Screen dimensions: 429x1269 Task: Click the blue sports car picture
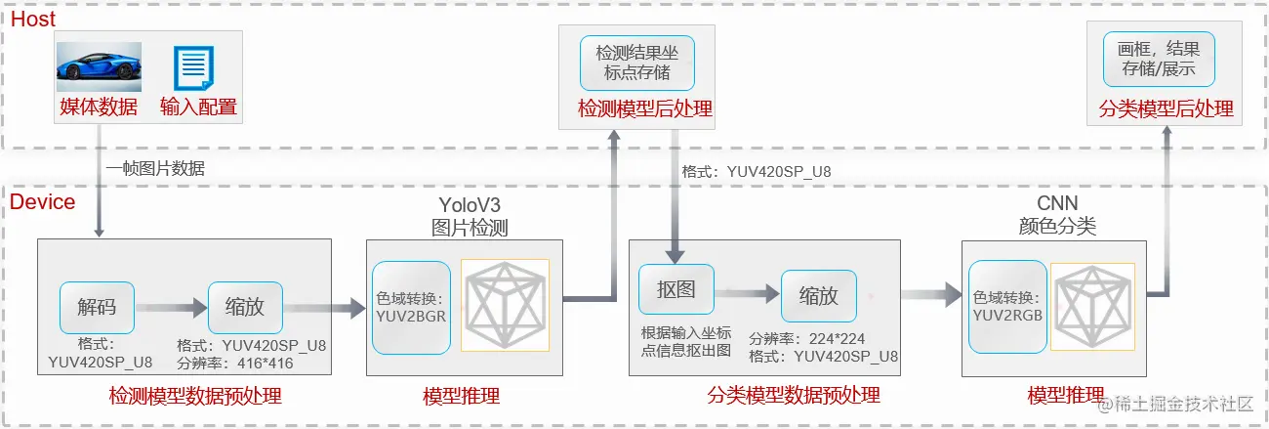click(x=99, y=66)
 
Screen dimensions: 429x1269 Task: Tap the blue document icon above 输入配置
click(x=193, y=67)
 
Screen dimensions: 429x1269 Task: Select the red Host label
click(x=32, y=19)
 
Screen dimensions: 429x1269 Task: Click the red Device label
click(x=42, y=202)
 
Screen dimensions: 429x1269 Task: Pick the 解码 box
click(x=97, y=306)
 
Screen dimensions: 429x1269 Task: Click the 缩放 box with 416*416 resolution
click(x=245, y=306)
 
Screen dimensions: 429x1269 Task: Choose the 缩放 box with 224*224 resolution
click(x=818, y=295)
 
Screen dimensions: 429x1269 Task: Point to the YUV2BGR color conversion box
click(x=411, y=306)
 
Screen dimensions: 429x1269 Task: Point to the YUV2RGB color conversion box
click(x=1007, y=306)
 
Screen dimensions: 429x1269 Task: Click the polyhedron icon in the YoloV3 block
click(x=505, y=304)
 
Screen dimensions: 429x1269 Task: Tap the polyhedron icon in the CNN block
click(x=1092, y=306)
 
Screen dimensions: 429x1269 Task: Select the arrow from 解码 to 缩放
click(x=171, y=307)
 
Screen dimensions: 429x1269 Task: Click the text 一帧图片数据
click(x=156, y=168)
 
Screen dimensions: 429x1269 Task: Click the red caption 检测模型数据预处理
click(x=195, y=396)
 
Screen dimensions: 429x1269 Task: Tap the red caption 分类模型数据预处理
click(x=793, y=396)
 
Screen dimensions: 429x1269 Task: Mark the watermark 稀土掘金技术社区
click(x=1183, y=405)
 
